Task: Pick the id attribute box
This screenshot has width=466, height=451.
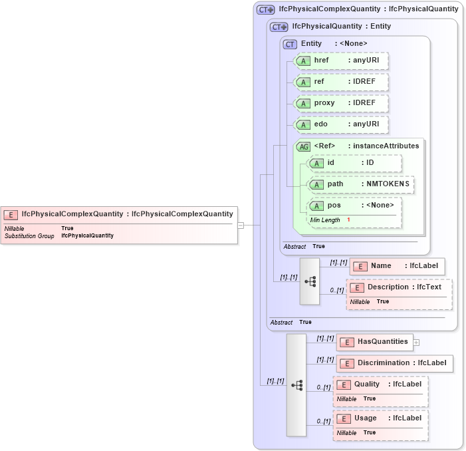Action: pyautogui.click(x=355, y=163)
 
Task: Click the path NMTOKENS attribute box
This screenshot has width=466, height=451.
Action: pyautogui.click(x=361, y=184)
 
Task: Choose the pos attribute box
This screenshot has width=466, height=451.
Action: pyautogui.click(x=355, y=206)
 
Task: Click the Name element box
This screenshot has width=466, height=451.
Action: pyautogui.click(x=397, y=266)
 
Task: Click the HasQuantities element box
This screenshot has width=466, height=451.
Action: pyautogui.click(x=375, y=342)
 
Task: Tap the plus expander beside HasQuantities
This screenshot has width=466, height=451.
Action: pyautogui.click(x=416, y=343)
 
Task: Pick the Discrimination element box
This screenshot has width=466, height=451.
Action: pyautogui.click(x=396, y=363)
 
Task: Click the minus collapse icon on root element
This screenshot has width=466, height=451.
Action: pyautogui.click(x=241, y=225)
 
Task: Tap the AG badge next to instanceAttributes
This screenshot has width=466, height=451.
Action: pyautogui.click(x=304, y=146)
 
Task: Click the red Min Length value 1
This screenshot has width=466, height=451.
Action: pyautogui.click(x=348, y=220)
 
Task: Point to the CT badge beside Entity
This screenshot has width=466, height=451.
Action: pyautogui.click(x=290, y=44)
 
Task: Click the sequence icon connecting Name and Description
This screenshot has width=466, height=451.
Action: pyautogui.click(x=310, y=281)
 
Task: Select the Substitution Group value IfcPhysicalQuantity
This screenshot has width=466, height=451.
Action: pyautogui.click(x=87, y=235)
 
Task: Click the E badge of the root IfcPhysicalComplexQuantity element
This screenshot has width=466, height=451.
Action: pyautogui.click(x=11, y=214)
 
